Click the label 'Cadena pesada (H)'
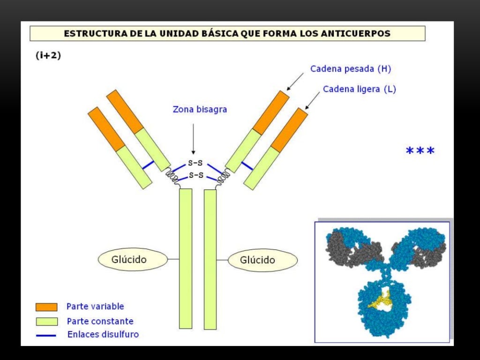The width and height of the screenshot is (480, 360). click(x=350, y=69)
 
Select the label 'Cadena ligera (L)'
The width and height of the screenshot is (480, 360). click(x=359, y=89)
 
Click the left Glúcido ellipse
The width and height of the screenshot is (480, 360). click(x=132, y=259)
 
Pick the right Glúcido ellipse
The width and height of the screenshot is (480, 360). click(x=262, y=260)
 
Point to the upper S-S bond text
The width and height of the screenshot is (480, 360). click(x=195, y=164)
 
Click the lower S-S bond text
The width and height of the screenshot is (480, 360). click(x=195, y=175)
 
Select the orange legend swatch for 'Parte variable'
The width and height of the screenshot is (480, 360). click(x=46, y=307)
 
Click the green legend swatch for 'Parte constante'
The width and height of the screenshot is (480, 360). click(x=46, y=322)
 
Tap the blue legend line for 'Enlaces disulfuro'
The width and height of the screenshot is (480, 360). click(x=46, y=335)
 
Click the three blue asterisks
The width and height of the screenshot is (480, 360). click(x=420, y=151)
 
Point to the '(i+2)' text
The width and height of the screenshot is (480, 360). click(x=48, y=55)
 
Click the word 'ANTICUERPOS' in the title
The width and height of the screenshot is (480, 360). click(x=360, y=34)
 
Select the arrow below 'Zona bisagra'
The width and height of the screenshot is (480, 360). click(x=193, y=138)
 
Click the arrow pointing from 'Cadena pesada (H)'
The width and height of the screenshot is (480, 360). click(x=295, y=82)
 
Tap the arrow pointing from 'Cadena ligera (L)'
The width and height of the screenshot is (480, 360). click(x=313, y=99)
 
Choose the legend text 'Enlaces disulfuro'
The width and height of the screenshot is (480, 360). click(x=103, y=335)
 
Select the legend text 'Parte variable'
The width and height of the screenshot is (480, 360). click(x=95, y=307)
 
